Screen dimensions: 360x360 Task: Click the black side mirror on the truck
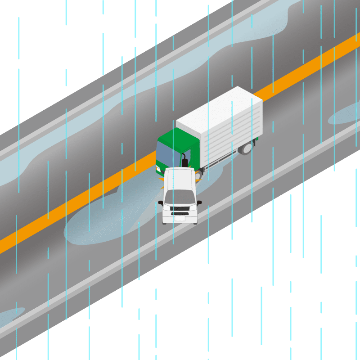click(184, 161)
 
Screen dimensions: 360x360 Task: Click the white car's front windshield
click(180, 197)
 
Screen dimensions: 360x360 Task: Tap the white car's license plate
click(180, 219)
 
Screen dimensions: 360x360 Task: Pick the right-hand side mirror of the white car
click(199, 202)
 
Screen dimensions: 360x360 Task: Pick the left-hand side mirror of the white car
click(160, 203)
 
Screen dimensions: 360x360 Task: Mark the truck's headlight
click(157, 169)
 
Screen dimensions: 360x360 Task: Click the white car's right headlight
click(193, 208)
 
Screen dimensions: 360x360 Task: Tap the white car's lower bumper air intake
click(180, 214)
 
